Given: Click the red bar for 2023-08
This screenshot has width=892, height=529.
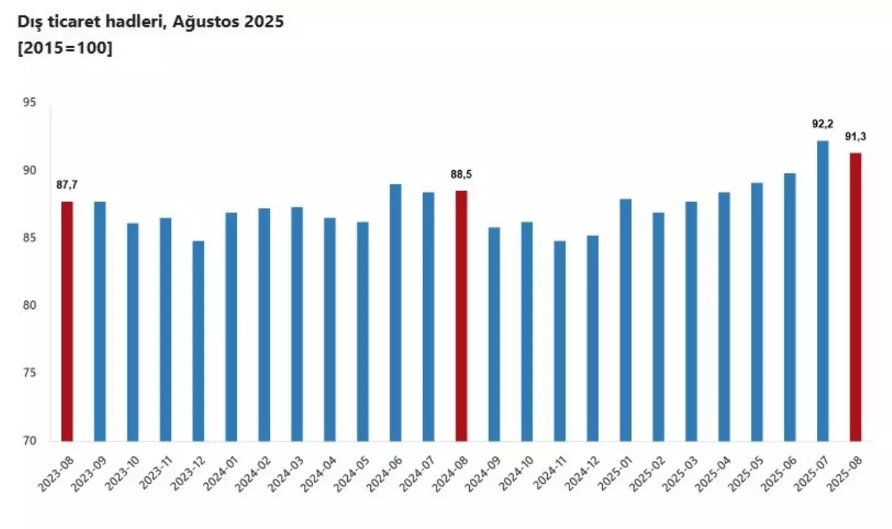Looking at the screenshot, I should pyautogui.click(x=67, y=321).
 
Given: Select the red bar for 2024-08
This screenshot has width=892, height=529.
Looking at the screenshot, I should pyautogui.click(x=462, y=316).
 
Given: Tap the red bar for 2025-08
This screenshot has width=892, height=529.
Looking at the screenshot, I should pyautogui.click(x=856, y=296).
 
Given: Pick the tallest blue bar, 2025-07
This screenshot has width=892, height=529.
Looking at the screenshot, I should pyautogui.click(x=823, y=291).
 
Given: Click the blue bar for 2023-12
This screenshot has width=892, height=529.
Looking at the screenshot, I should pyautogui.click(x=198, y=340).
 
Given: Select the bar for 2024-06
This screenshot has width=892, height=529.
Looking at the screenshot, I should pyautogui.click(x=395, y=312).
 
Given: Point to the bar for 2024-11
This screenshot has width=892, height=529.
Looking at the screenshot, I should pyautogui.click(x=560, y=340).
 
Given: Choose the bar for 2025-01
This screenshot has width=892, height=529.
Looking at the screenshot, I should pyautogui.click(x=626, y=319).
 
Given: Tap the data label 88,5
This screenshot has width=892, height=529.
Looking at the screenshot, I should pyautogui.click(x=462, y=175).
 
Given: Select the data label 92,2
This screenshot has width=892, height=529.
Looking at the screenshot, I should pyautogui.click(x=823, y=124).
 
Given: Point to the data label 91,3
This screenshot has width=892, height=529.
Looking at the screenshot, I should pyautogui.click(x=856, y=136).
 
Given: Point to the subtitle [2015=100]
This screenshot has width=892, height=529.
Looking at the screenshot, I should pyautogui.click(x=65, y=50).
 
